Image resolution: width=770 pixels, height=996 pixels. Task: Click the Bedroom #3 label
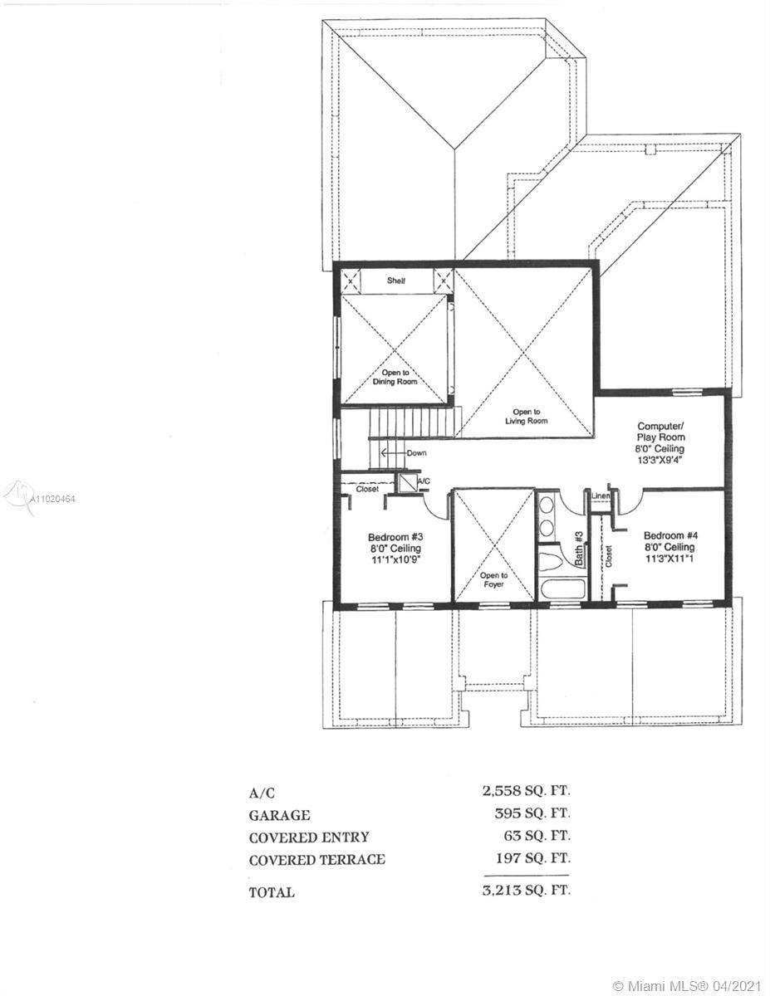(395, 537)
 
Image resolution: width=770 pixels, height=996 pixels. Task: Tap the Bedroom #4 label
(670, 535)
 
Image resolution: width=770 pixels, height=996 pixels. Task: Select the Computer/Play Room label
(660, 432)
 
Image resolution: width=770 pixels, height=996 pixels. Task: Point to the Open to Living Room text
(527, 416)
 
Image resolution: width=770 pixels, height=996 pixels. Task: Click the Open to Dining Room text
(395, 377)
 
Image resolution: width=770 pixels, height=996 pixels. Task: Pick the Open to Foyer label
(494, 580)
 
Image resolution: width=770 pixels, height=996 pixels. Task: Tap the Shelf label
(395, 281)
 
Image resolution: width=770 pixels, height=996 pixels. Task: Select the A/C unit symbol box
(406, 483)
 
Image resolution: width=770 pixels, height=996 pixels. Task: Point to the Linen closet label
(601, 496)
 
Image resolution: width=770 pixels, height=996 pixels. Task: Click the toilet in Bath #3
(551, 560)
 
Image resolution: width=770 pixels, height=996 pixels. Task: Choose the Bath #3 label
(579, 548)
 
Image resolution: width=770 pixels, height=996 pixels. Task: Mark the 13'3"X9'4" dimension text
(660, 460)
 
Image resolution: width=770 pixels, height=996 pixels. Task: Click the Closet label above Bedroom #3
(367, 489)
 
